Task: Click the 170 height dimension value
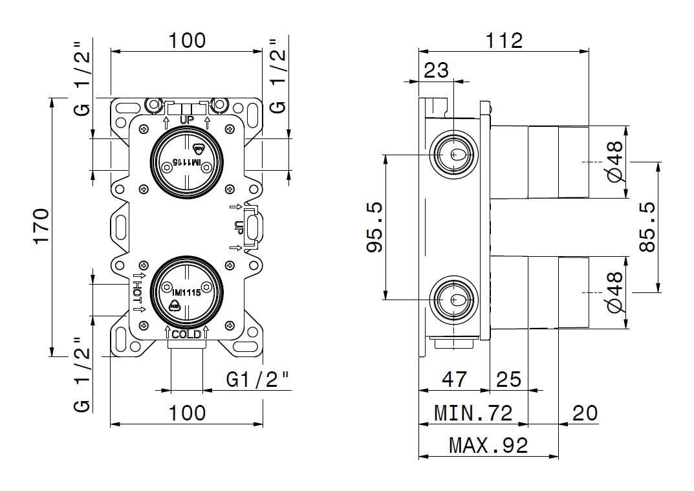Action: coord(41,226)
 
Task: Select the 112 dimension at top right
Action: coord(504,40)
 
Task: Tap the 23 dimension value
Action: coord(436,70)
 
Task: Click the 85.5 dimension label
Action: coord(647,226)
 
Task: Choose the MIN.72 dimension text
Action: coord(473,412)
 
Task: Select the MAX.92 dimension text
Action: coord(488,445)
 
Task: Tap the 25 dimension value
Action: coord(508,379)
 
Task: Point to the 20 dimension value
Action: coord(585,412)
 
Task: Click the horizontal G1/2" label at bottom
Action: coord(257,379)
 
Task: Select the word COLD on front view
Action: coord(186,334)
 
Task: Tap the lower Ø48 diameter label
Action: coord(614,292)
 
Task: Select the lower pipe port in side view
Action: coord(455,300)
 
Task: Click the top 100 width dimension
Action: coord(187,40)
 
